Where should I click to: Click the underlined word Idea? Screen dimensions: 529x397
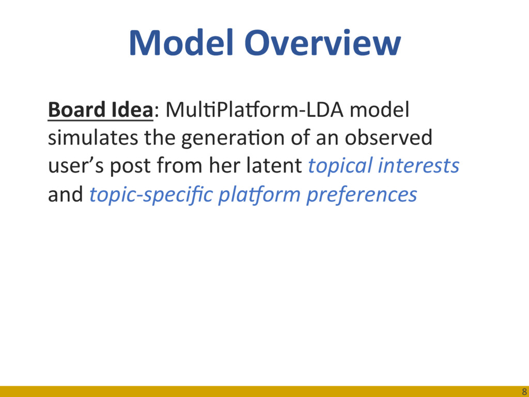tap(127, 110)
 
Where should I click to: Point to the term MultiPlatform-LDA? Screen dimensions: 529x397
tap(254, 110)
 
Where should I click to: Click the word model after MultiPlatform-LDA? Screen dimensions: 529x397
tap(379, 110)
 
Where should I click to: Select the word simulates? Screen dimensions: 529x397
tap(93, 138)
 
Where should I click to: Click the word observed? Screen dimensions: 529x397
tap(388, 138)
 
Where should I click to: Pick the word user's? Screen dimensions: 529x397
tap(76, 166)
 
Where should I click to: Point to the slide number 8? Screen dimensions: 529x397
tap(524, 391)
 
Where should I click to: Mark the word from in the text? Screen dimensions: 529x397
tap(180, 166)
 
